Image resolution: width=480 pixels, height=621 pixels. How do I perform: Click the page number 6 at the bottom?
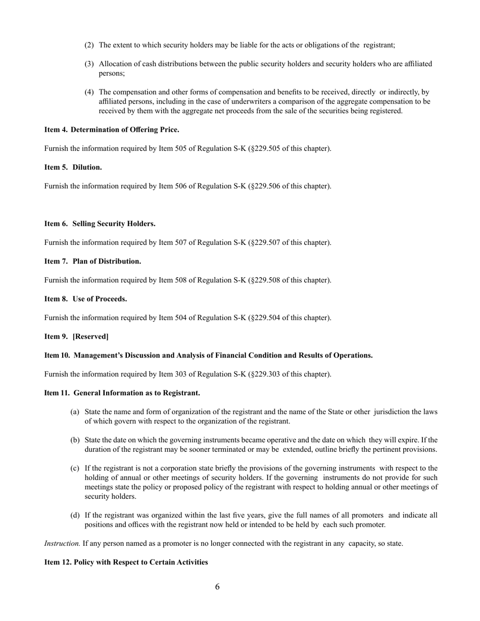[217, 587]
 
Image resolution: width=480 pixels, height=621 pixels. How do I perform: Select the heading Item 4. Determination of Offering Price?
[112, 130]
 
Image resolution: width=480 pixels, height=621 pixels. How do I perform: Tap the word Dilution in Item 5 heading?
[87, 167]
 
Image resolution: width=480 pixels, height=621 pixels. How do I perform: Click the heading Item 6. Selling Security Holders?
[100, 224]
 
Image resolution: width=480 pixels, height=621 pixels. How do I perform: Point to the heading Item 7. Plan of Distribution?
[92, 261]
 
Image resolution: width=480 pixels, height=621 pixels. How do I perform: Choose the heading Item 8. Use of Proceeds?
[85, 299]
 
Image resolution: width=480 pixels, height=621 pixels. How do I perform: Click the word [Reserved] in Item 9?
[90, 336]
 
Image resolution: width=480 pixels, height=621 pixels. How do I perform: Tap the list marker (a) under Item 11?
[75, 412]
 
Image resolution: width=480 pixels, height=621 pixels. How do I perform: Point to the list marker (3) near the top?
[89, 64]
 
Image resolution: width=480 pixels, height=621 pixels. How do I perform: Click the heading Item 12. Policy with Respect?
[126, 562]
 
